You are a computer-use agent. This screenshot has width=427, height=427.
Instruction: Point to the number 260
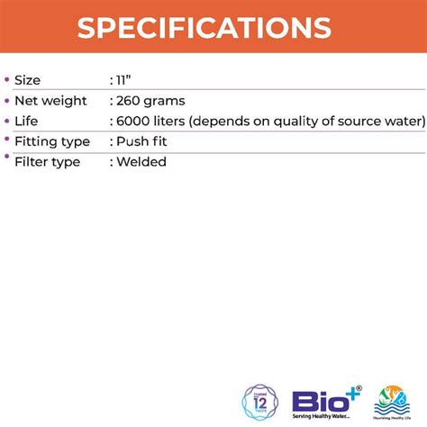130,101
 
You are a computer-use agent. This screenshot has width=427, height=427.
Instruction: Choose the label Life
27,121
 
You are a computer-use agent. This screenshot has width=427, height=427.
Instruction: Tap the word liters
172,121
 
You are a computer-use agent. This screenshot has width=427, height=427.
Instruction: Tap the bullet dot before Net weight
7,100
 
